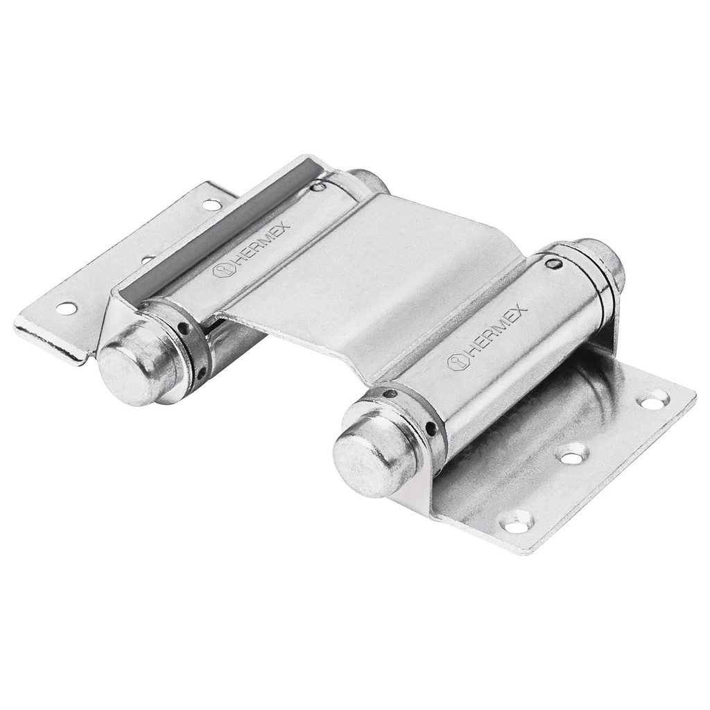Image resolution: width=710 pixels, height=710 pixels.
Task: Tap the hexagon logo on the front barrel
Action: (458, 361)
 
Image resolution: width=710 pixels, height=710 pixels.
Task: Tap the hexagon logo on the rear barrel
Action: (221, 270)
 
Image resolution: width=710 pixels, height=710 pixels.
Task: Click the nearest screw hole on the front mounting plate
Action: (517, 523)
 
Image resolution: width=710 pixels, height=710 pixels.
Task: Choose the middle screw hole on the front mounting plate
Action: (573, 455)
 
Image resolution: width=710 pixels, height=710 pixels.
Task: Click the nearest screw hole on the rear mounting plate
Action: (67, 308)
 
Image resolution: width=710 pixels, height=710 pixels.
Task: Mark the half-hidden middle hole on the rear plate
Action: (147, 259)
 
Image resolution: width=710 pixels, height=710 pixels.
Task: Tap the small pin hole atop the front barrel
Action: (553, 263)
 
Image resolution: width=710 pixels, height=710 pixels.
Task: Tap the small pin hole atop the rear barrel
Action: (318, 187)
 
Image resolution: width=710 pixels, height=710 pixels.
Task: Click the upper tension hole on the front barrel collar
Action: (390, 394)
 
